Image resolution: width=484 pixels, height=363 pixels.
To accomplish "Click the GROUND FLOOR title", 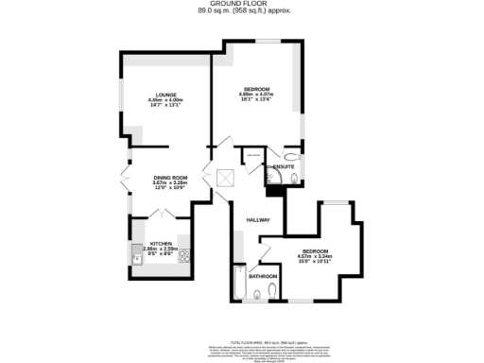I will (243, 4).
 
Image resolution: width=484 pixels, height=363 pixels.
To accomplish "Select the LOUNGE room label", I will (166, 93).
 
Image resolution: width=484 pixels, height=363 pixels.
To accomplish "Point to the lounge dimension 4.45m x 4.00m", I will (166, 99).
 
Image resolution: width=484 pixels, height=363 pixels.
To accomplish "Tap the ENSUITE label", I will (284, 167).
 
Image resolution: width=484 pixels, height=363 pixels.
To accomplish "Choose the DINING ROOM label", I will (171, 178).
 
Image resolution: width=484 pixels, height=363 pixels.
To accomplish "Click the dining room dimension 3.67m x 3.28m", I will (171, 183).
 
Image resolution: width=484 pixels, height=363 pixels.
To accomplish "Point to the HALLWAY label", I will (258, 220).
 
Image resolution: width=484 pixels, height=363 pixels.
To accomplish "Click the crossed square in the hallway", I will (226, 177).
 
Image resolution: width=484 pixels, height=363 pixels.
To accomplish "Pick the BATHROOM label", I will (263, 276).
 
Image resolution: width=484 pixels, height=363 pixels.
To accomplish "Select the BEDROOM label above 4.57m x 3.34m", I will (327, 250).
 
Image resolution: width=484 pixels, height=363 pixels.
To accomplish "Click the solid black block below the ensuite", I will (275, 190).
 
